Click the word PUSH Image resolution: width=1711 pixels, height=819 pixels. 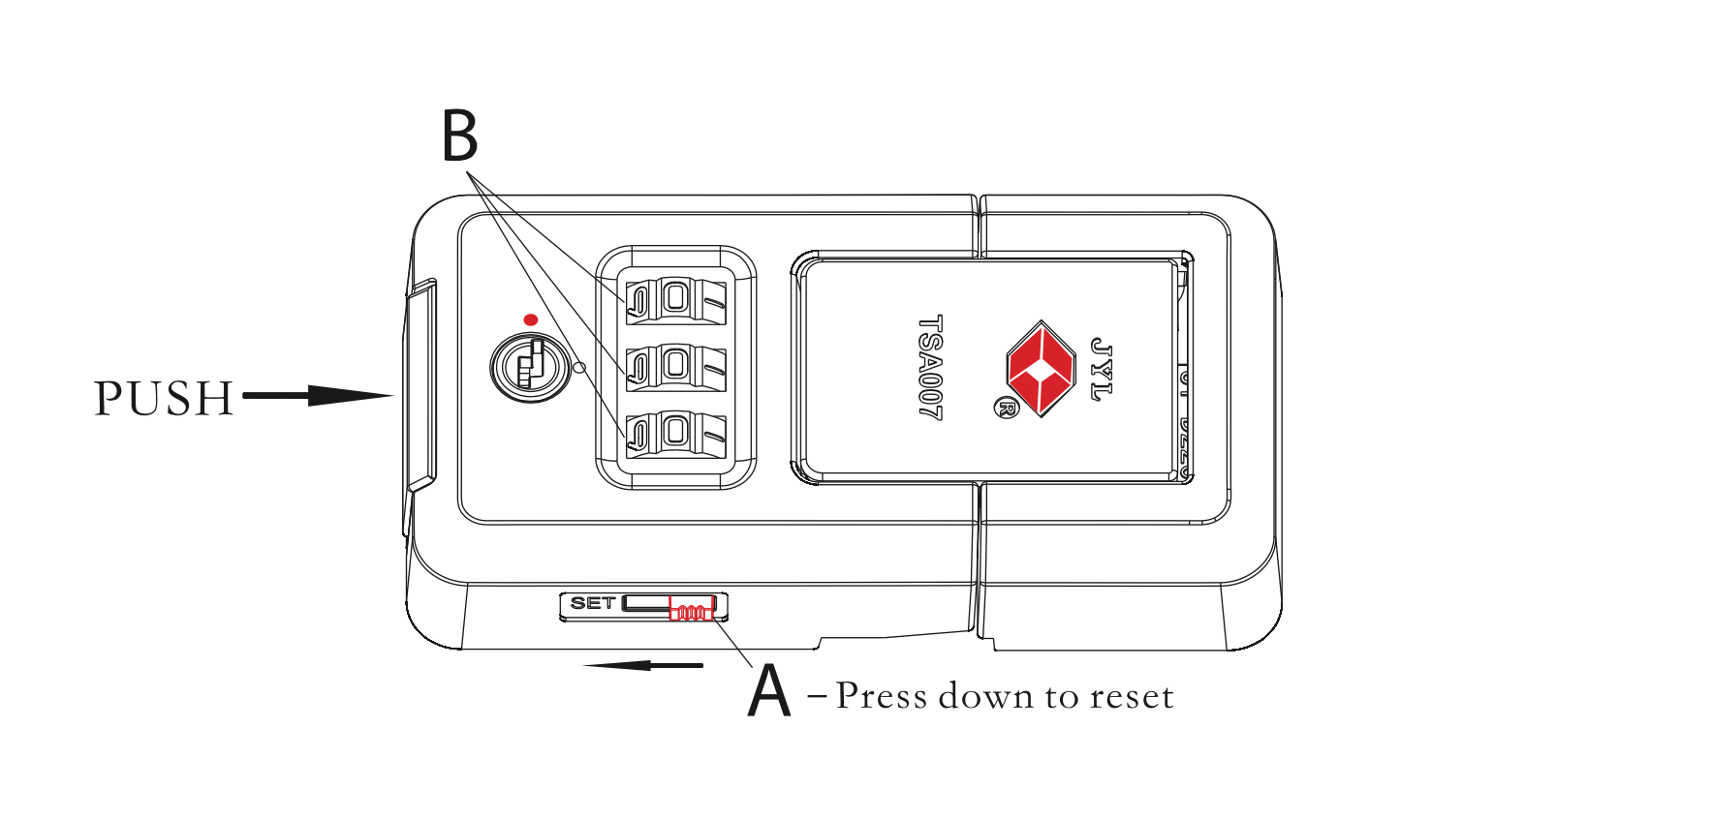click(x=164, y=398)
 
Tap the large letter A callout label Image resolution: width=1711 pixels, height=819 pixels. click(x=769, y=690)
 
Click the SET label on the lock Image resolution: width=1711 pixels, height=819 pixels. click(x=592, y=603)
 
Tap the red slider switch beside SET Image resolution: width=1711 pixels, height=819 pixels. click(x=692, y=609)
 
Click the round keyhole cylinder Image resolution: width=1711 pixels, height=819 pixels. click(x=530, y=367)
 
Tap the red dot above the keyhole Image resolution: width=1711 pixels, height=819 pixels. click(x=530, y=319)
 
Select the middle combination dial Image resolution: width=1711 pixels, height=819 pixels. click(x=675, y=367)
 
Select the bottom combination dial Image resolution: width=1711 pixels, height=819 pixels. click(x=675, y=433)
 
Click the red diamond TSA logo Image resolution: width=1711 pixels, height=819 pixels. click(x=1042, y=368)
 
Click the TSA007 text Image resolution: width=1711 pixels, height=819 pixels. click(x=930, y=367)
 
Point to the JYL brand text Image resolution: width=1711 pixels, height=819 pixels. click(x=1101, y=369)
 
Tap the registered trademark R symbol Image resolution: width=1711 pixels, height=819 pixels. click(x=1006, y=408)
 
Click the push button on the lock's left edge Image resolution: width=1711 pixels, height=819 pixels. click(x=420, y=385)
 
